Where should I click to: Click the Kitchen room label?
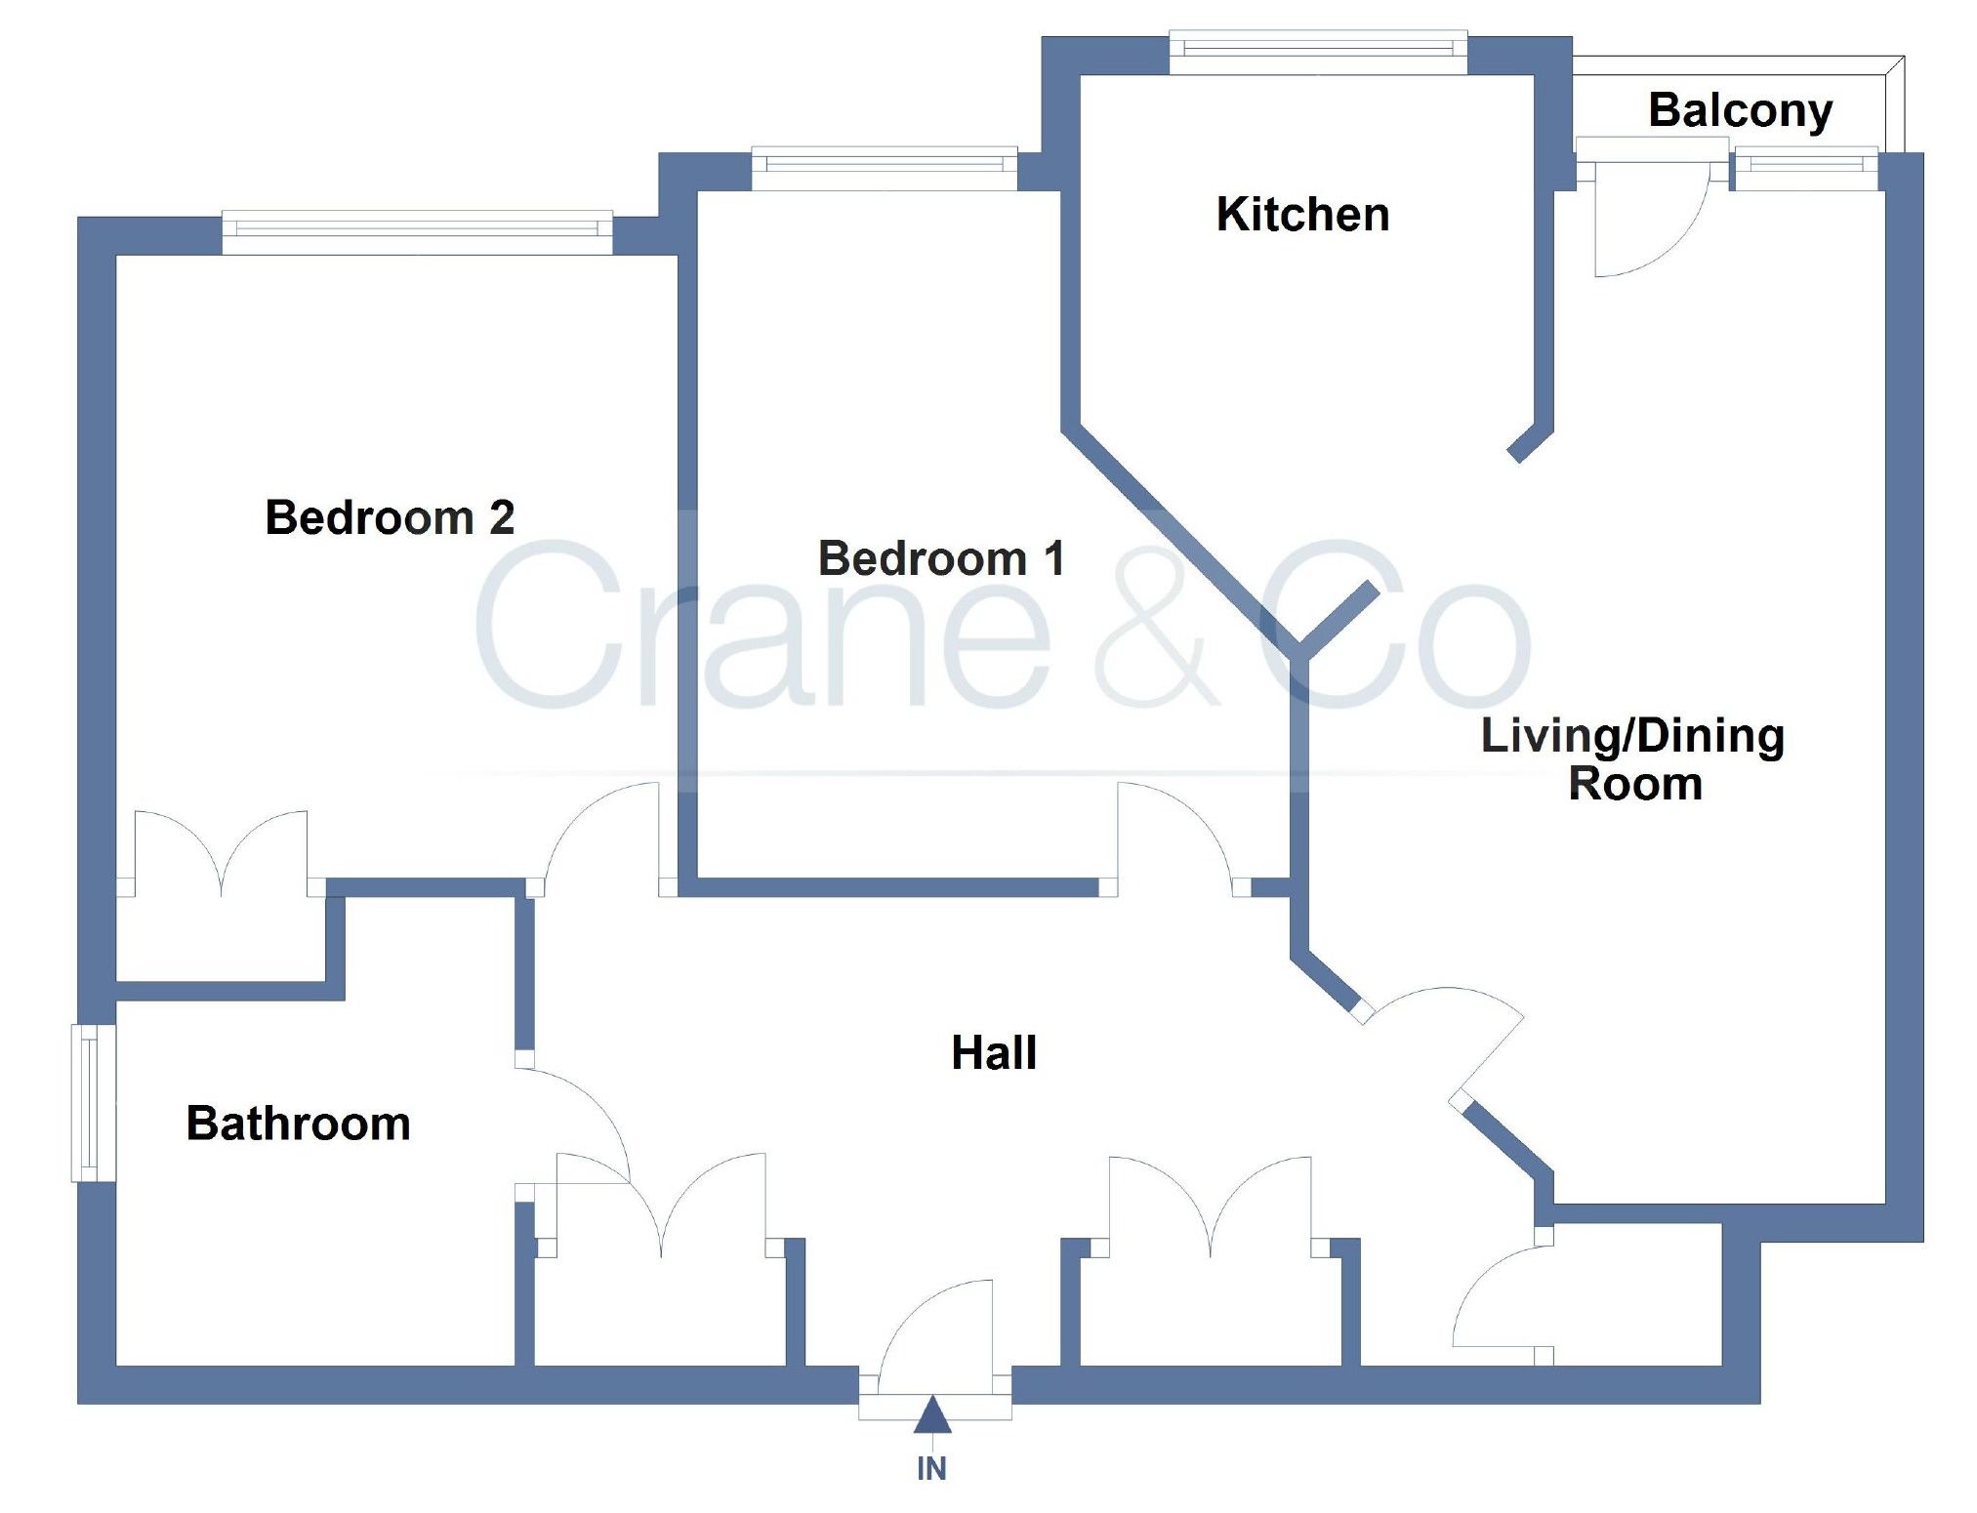(1302, 215)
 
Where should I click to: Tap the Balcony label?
(1740, 110)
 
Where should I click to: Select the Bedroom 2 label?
(390, 517)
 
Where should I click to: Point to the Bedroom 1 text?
(941, 558)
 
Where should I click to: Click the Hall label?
(994, 1053)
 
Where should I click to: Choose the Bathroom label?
(298, 1124)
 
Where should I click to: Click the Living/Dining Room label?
(1632, 759)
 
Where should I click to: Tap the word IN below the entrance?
(931, 1469)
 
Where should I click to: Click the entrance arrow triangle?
(932, 1415)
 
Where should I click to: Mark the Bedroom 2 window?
(417, 231)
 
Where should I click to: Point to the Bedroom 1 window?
(885, 168)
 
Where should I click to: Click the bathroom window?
(94, 1102)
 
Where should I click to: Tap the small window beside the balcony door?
(1805, 168)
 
